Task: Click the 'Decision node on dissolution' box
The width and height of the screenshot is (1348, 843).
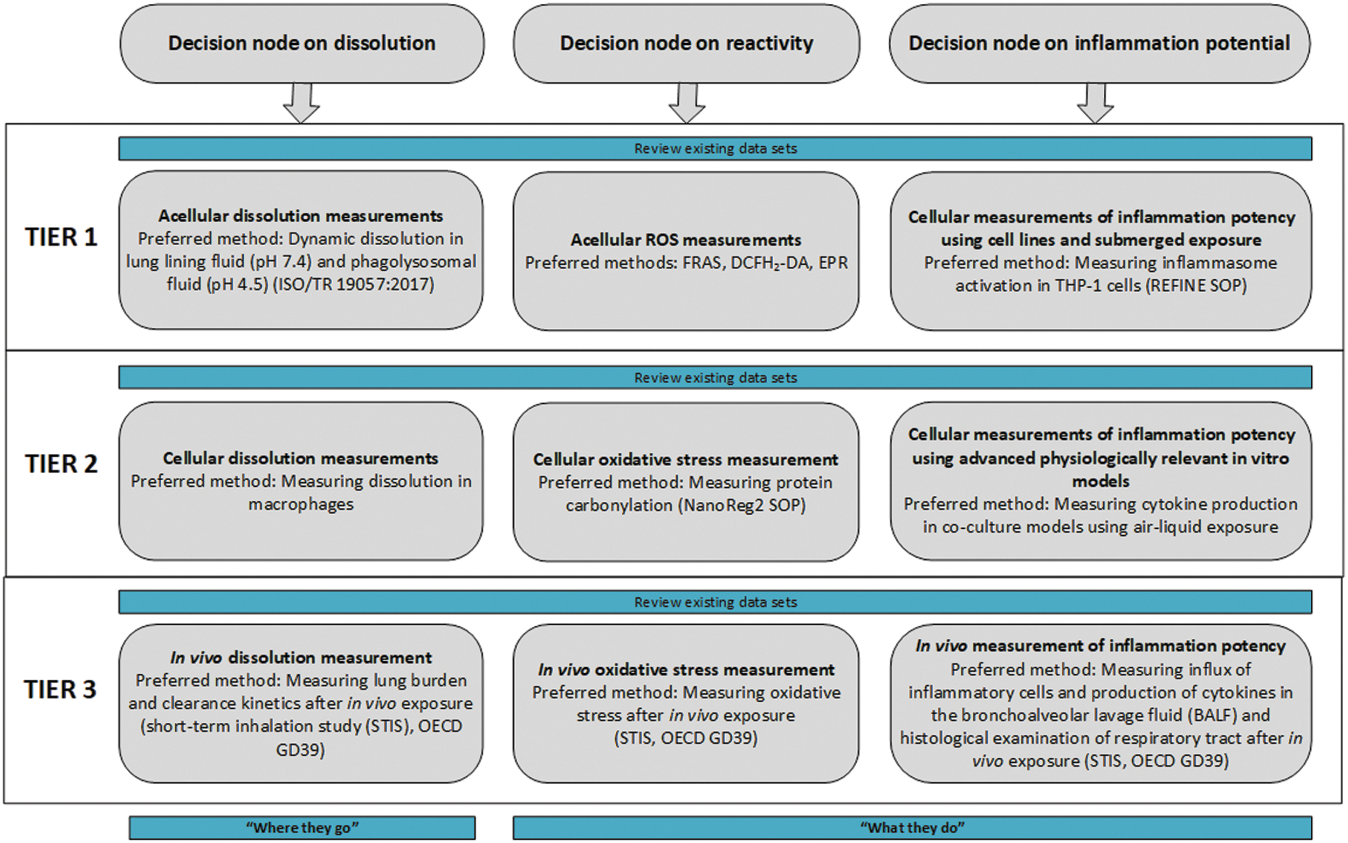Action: coord(302,44)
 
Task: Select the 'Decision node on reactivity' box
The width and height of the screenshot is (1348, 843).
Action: coord(686,44)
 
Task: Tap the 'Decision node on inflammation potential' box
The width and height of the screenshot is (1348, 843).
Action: coord(1099,44)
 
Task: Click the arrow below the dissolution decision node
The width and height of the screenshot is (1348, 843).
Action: coord(302,103)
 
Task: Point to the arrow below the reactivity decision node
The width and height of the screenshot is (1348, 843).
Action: coord(687,103)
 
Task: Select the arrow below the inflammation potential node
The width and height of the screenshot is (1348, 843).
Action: coord(1095,103)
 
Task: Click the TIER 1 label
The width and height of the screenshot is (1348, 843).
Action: coord(61,238)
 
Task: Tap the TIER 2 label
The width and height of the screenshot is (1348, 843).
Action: coord(61,464)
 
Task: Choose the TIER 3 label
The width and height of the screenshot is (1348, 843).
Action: coord(60,690)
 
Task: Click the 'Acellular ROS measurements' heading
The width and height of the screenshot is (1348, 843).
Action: coord(685,240)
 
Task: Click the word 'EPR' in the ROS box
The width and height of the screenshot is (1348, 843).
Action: coord(833,262)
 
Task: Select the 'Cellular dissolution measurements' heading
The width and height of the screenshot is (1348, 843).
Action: coord(301,458)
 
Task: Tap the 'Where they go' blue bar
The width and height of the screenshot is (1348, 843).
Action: coord(302,827)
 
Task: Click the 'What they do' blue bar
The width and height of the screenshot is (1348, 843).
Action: coord(912,827)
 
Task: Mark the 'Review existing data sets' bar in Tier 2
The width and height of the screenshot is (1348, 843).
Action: coord(716,377)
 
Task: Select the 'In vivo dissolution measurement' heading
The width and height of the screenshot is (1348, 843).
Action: coord(301,658)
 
